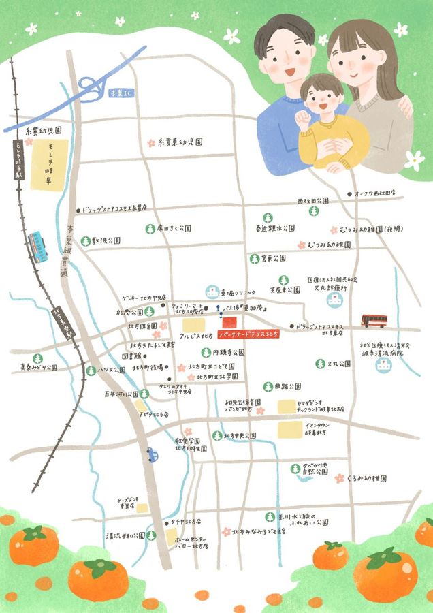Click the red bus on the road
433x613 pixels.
[x=374, y=321]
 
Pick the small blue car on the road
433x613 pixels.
[x=152, y=454]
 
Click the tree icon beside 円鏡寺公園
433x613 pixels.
[x=205, y=352]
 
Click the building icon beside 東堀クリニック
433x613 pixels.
[x=213, y=292]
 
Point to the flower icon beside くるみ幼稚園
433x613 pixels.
[x=339, y=479]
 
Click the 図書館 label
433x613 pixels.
[x=131, y=356]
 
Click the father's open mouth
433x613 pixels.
[x=290, y=70]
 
